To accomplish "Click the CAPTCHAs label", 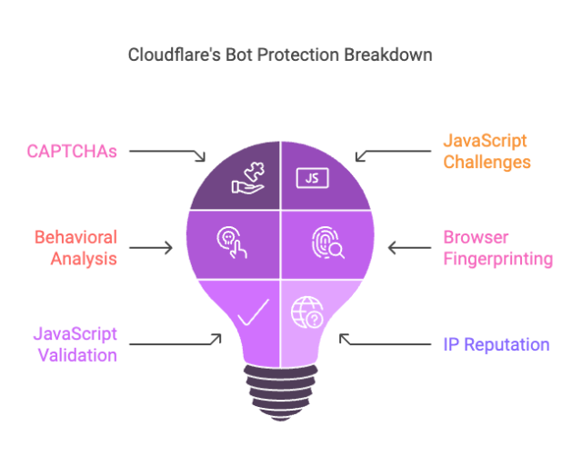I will (71, 151).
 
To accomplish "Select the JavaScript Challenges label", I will (486, 152).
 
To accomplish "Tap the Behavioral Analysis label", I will (75, 247).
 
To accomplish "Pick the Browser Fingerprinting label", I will (497, 247).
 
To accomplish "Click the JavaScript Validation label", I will (77, 344).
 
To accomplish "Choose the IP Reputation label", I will (496, 344).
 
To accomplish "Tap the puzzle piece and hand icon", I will (246, 176).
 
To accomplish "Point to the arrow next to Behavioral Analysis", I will (152, 247).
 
